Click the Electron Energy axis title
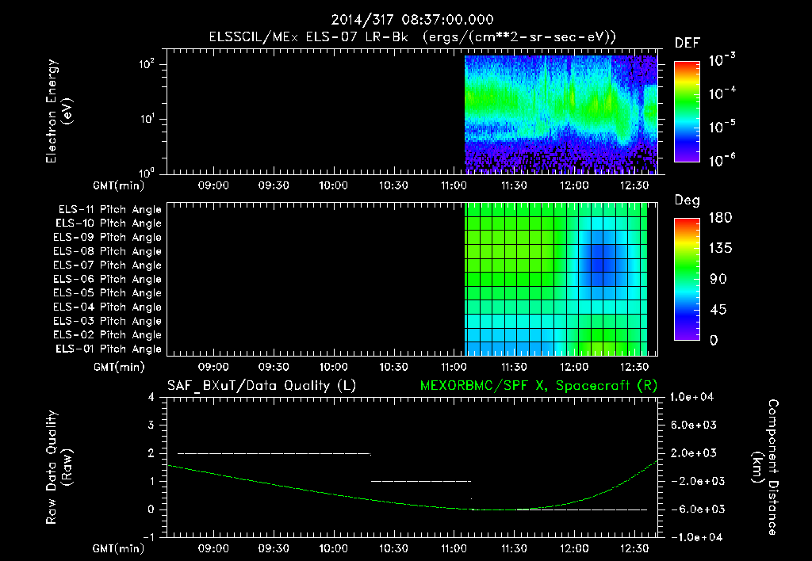tap(60, 113)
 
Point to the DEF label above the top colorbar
tap(687, 43)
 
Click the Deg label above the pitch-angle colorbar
tap(687, 200)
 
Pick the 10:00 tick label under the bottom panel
tap(333, 548)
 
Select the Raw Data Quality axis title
tap(60, 467)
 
